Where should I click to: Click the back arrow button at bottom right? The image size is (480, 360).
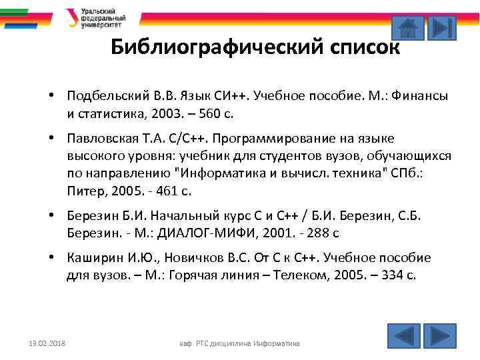coord(403,335)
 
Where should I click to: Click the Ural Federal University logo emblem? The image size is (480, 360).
coord(71,17)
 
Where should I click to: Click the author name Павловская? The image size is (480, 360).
coord(101,138)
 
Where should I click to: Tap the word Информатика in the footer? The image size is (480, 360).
coord(277,343)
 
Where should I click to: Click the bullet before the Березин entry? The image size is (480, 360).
coord(51,216)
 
